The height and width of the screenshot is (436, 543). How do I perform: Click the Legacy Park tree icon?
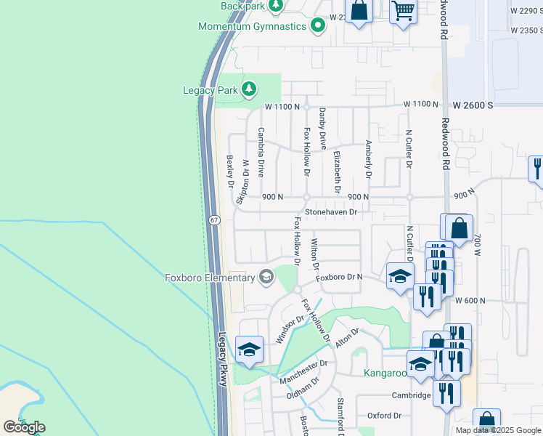point(250,90)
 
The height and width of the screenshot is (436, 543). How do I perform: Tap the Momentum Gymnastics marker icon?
point(318,27)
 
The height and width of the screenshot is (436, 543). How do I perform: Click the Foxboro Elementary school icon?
point(266,276)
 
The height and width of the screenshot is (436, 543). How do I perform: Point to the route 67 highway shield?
point(216,220)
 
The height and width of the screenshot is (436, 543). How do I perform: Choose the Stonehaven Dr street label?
point(332,212)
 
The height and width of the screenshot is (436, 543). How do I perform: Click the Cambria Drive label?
point(261,148)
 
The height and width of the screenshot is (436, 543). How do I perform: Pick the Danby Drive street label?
point(323,129)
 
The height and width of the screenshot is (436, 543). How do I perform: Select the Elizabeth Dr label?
point(338,171)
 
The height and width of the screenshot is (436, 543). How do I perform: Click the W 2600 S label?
point(473,105)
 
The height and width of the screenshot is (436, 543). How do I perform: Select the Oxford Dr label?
point(384,416)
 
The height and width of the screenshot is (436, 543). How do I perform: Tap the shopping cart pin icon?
point(403,11)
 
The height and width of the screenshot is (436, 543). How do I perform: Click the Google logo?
point(23,427)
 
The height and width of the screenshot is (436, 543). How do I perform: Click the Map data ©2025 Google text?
point(499,430)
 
